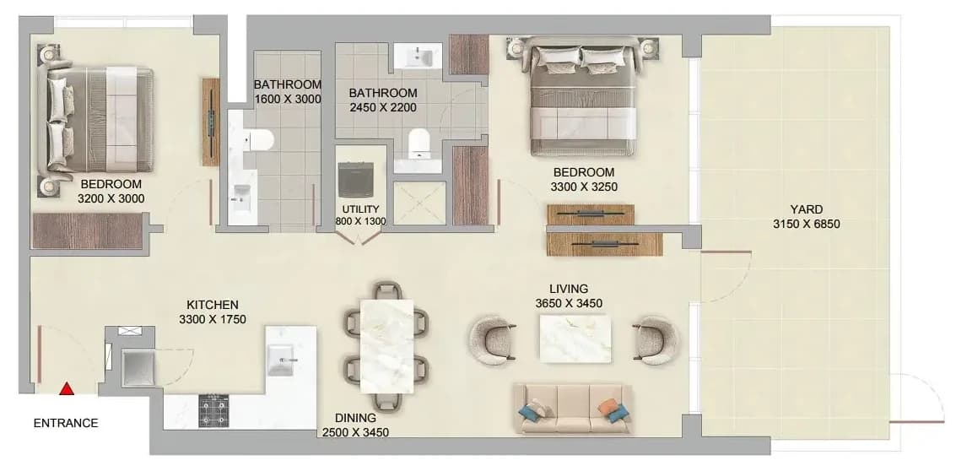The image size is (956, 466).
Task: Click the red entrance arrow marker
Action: [x=67, y=388]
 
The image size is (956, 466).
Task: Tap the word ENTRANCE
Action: [x=66, y=423]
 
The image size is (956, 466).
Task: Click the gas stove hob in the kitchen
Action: [x=213, y=410]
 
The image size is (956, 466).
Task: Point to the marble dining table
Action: [x=387, y=345]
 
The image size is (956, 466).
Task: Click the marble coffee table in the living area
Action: [x=575, y=339]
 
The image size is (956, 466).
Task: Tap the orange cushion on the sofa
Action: [x=608, y=406]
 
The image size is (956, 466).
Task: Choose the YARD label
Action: [x=806, y=210]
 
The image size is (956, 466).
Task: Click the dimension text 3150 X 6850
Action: [x=806, y=224]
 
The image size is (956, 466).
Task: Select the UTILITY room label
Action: [x=360, y=209]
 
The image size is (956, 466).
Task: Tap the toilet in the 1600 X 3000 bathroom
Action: [x=258, y=139]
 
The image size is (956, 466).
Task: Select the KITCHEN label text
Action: [x=212, y=305]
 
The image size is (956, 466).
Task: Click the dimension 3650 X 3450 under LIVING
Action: [x=569, y=303]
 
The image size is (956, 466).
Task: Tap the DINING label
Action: [x=355, y=419]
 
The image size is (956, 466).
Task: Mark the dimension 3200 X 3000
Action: [x=111, y=198]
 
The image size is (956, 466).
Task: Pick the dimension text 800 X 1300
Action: [x=360, y=221]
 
